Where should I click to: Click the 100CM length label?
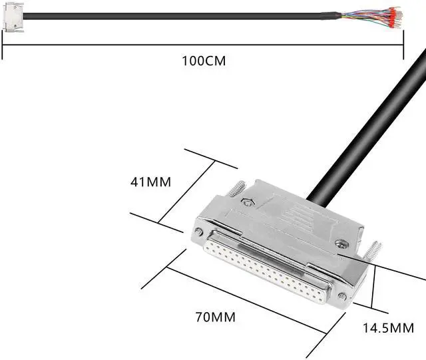pos(204,61)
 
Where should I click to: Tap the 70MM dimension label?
pos(215,317)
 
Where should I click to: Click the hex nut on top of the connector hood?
pos(248,202)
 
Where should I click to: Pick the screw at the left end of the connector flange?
pos(198,232)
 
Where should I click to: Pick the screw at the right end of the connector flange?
pos(342,295)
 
